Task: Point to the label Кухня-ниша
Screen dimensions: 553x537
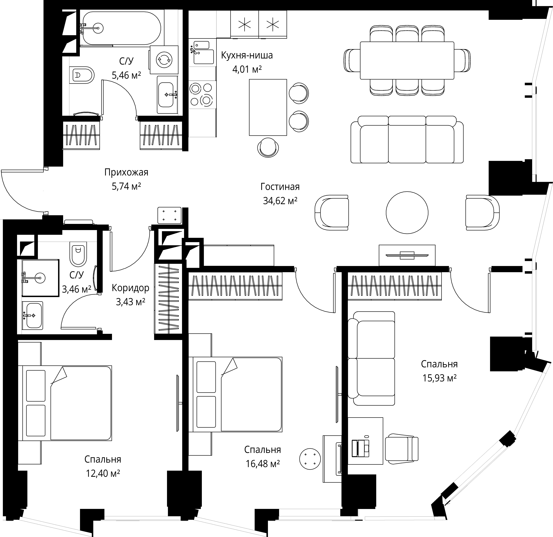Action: (247, 55)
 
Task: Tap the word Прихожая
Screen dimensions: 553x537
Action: (126, 172)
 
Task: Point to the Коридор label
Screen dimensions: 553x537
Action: (130, 288)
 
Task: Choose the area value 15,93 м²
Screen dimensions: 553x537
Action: (439, 378)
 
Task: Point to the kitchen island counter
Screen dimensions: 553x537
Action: (268, 107)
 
